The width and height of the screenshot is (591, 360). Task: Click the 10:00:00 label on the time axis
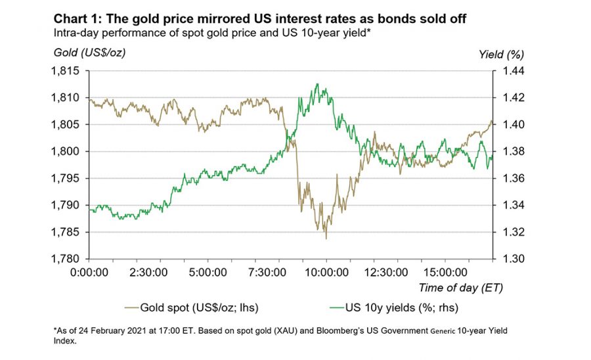pos(326,272)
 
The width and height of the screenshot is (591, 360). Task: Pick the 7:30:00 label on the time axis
pos(267,272)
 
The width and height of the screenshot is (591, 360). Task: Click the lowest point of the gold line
pos(326,238)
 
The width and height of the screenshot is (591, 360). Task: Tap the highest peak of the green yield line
pos(317,83)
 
